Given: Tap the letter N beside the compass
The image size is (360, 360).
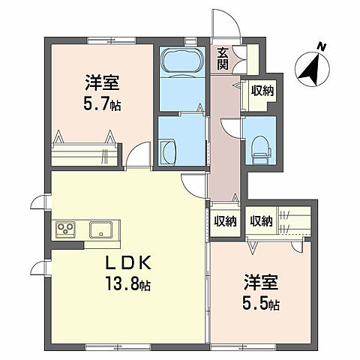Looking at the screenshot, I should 322,48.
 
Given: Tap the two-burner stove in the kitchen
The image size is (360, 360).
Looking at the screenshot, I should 66,229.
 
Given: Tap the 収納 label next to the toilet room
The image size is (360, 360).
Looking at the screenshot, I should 262,91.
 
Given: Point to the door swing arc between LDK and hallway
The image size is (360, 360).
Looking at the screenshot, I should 193,187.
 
